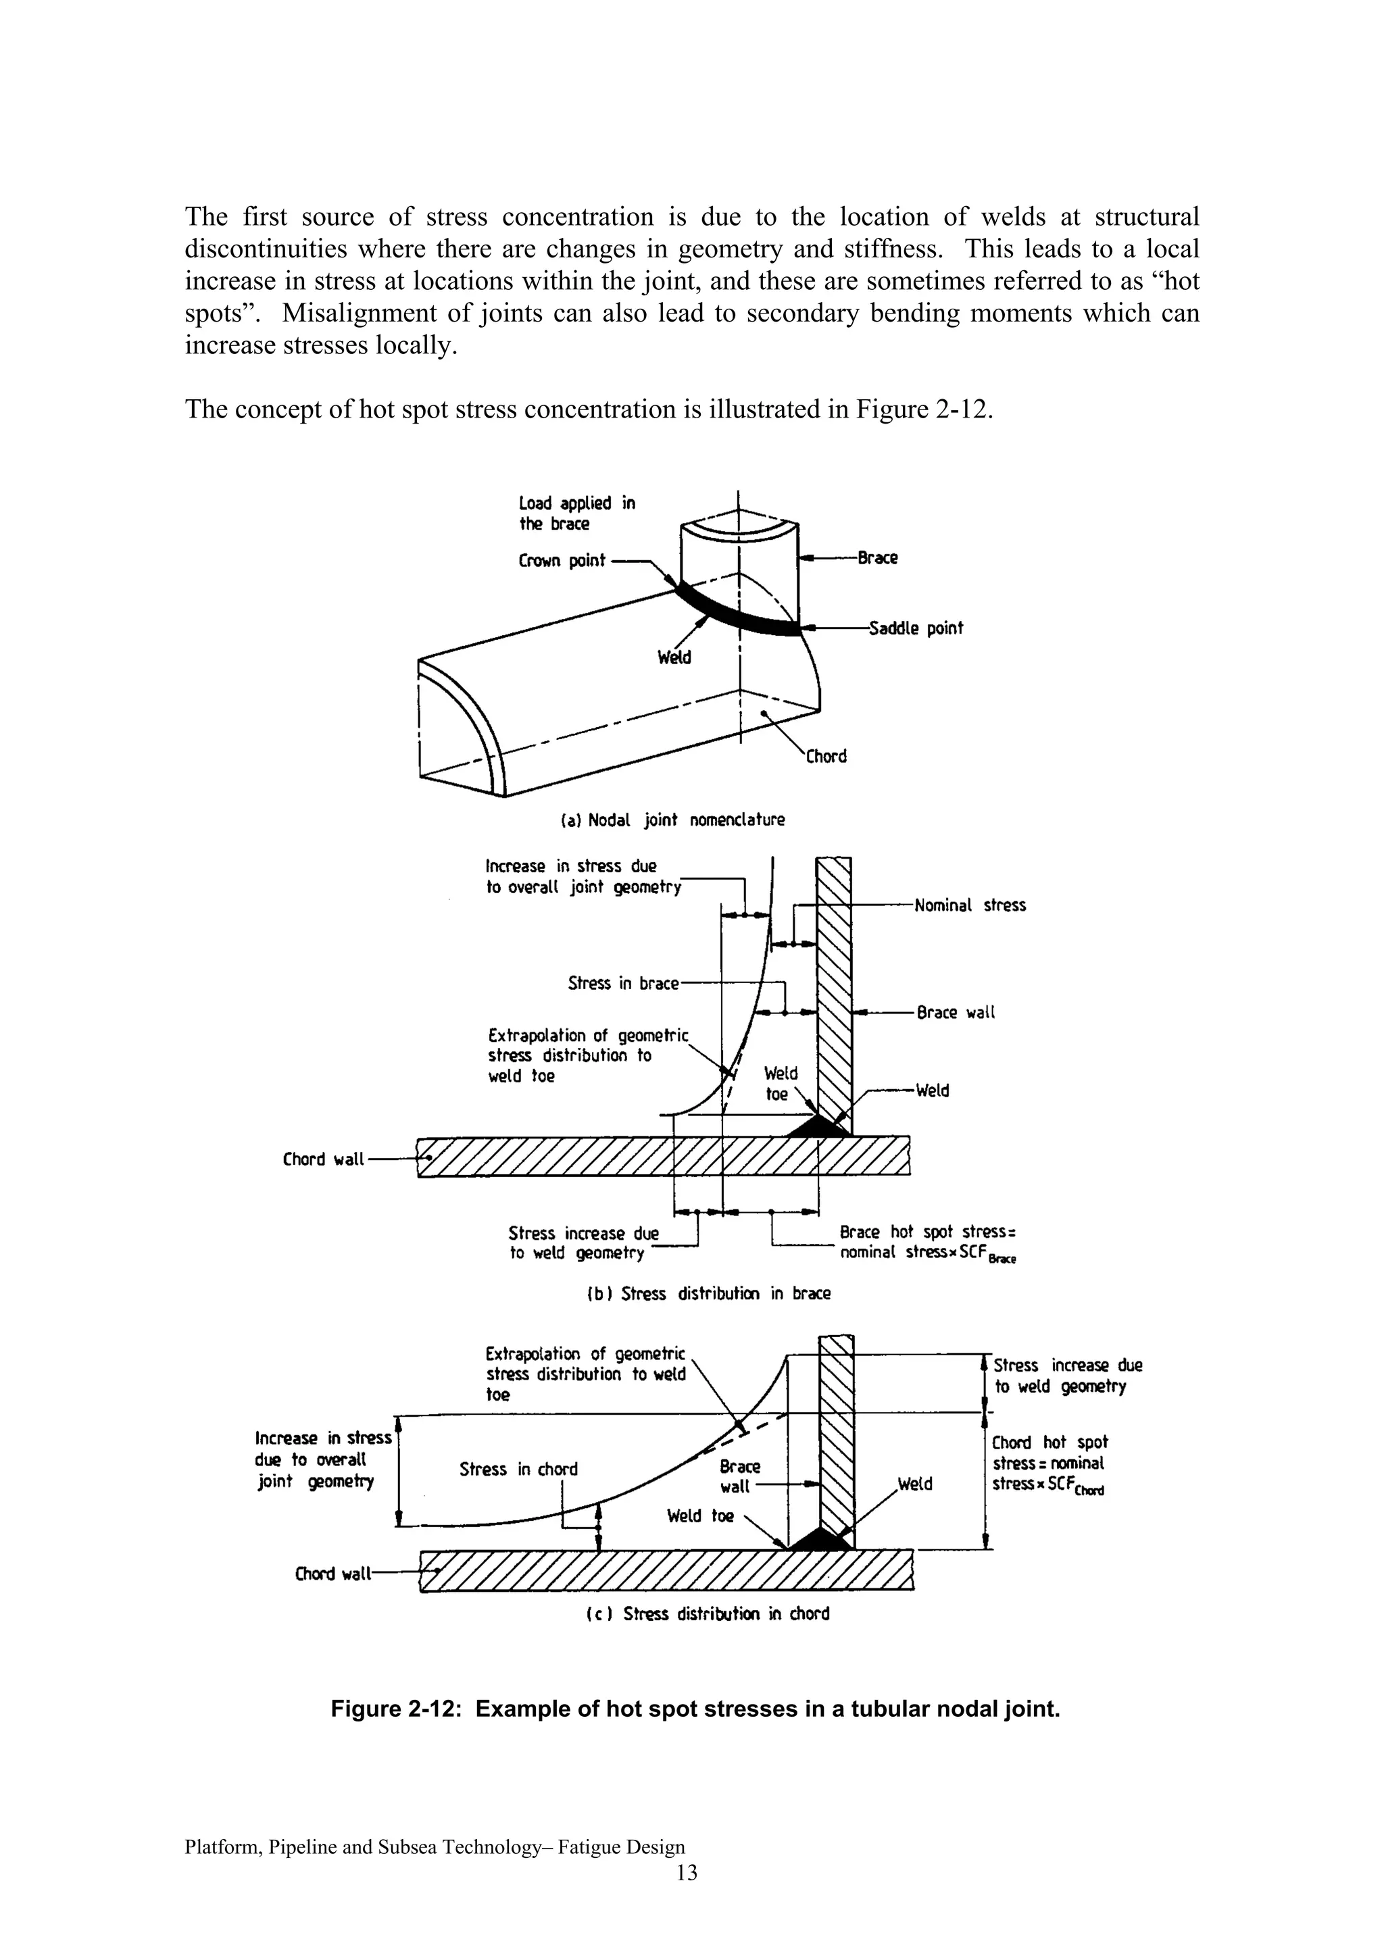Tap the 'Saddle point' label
[x=915, y=628]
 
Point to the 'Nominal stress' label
[x=970, y=905]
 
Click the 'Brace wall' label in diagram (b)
[x=955, y=1012]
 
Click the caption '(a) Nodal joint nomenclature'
[x=672, y=820]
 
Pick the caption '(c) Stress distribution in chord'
[x=707, y=1613]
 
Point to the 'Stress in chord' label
[x=518, y=1470]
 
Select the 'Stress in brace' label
[x=622, y=983]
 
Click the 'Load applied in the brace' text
[x=576, y=513]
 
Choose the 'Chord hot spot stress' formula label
[x=1049, y=1463]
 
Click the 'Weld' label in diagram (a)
[x=674, y=657]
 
